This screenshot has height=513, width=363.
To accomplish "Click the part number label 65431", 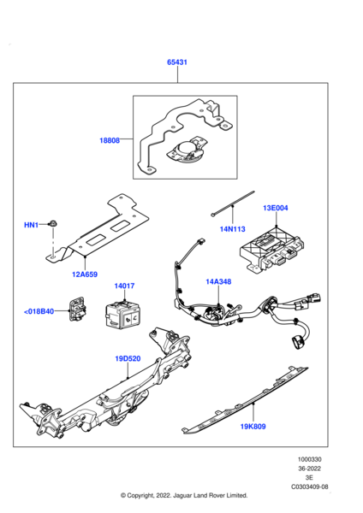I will [x=178, y=62].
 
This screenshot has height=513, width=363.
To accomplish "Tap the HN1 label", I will [x=31, y=225].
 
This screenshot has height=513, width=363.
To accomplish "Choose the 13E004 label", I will [x=275, y=207].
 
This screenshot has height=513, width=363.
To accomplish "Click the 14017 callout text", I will [x=123, y=286].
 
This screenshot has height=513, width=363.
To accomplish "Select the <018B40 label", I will [x=39, y=312].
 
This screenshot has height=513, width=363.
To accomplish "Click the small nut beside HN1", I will [x=53, y=223].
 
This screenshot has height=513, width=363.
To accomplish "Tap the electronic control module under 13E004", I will [x=271, y=248].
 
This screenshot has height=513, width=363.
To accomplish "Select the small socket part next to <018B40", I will [x=79, y=311].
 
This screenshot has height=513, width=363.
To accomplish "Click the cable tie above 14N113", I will [x=229, y=206].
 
